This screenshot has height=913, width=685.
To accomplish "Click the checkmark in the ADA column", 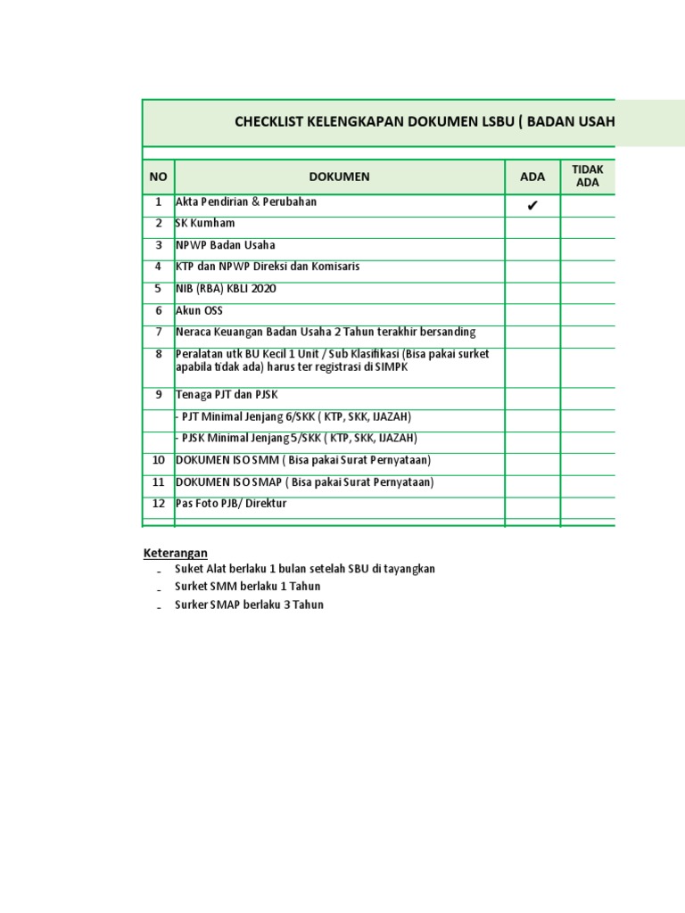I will [x=532, y=206].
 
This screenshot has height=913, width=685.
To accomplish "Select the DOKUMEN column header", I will [x=339, y=177].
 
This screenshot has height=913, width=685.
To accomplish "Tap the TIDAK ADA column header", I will [x=588, y=177].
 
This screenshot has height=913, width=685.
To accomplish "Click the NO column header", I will [x=158, y=177].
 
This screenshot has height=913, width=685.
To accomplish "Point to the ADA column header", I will [x=532, y=177].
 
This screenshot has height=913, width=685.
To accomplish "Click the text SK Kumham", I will [x=205, y=223].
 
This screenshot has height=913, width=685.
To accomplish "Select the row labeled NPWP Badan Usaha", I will [x=225, y=245].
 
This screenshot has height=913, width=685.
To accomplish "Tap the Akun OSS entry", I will [x=199, y=310].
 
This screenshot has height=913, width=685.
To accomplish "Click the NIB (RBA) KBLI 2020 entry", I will [x=226, y=288].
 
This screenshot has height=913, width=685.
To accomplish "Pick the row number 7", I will [x=159, y=332].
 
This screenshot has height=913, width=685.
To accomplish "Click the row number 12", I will [x=159, y=504].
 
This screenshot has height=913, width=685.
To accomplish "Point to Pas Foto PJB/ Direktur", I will [x=231, y=504].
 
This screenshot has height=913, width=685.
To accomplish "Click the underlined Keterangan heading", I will [x=176, y=553].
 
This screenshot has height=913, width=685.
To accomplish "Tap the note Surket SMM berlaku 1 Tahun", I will [x=248, y=587].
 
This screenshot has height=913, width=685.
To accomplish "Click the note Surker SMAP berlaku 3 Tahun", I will [x=249, y=605].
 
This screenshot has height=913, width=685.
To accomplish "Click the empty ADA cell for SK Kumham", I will [x=532, y=227].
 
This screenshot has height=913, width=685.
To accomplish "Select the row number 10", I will [x=159, y=460].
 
